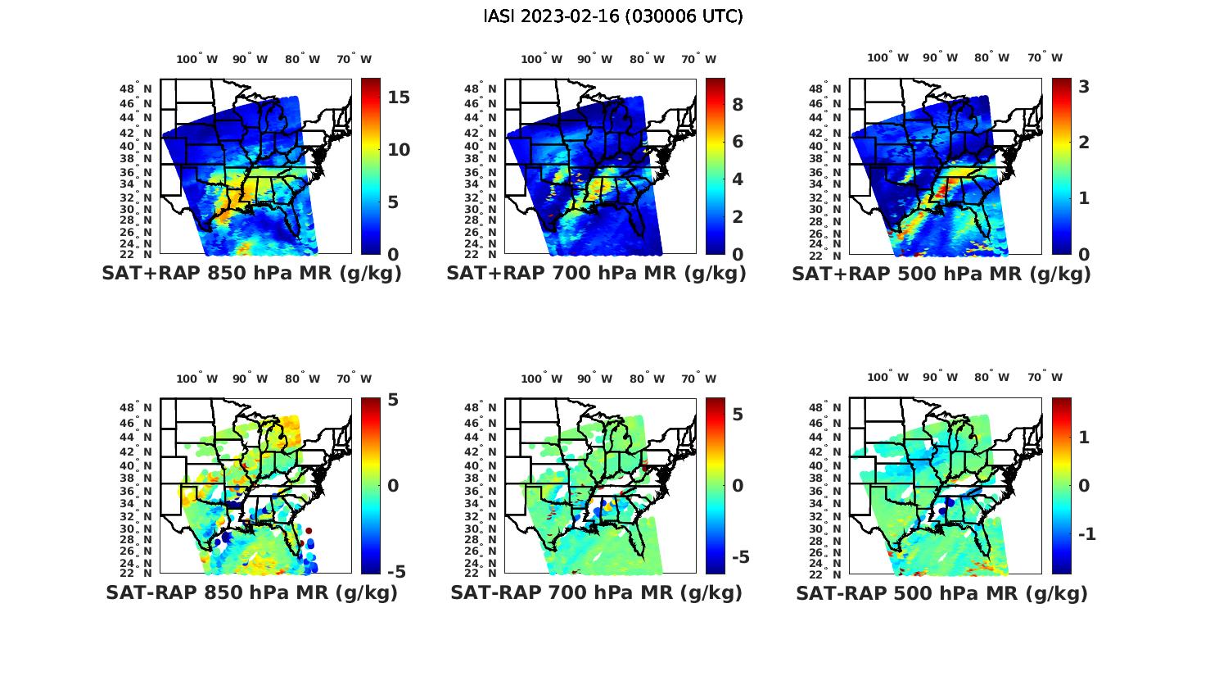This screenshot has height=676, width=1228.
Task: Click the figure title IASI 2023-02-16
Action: click(x=613, y=16)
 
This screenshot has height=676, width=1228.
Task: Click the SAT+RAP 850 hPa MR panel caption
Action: click(x=251, y=274)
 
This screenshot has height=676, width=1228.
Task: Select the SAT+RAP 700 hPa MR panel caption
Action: click(x=596, y=274)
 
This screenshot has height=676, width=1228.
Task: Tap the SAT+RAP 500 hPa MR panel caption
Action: click(x=941, y=274)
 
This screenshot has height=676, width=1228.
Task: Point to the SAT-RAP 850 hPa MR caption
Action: click(x=251, y=592)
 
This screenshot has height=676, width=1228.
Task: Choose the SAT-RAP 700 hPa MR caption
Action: click(x=596, y=592)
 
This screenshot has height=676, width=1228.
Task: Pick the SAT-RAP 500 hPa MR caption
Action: click(x=941, y=592)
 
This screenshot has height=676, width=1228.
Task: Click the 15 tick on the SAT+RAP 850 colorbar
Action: click(x=399, y=97)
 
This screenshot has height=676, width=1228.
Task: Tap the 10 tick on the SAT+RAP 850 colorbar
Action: click(x=399, y=150)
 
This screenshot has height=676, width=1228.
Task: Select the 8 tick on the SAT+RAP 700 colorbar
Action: click(x=738, y=104)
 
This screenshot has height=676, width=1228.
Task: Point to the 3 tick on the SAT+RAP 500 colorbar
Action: click(x=1084, y=86)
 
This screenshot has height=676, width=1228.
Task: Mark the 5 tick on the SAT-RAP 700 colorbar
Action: click(x=738, y=415)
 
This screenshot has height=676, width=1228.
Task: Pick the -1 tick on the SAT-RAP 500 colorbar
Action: click(x=1086, y=534)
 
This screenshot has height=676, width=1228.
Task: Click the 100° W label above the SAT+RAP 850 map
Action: click(x=196, y=59)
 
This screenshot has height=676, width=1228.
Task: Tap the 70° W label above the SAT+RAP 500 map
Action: click(x=1045, y=57)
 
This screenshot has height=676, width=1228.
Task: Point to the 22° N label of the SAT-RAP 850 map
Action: click(x=137, y=572)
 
